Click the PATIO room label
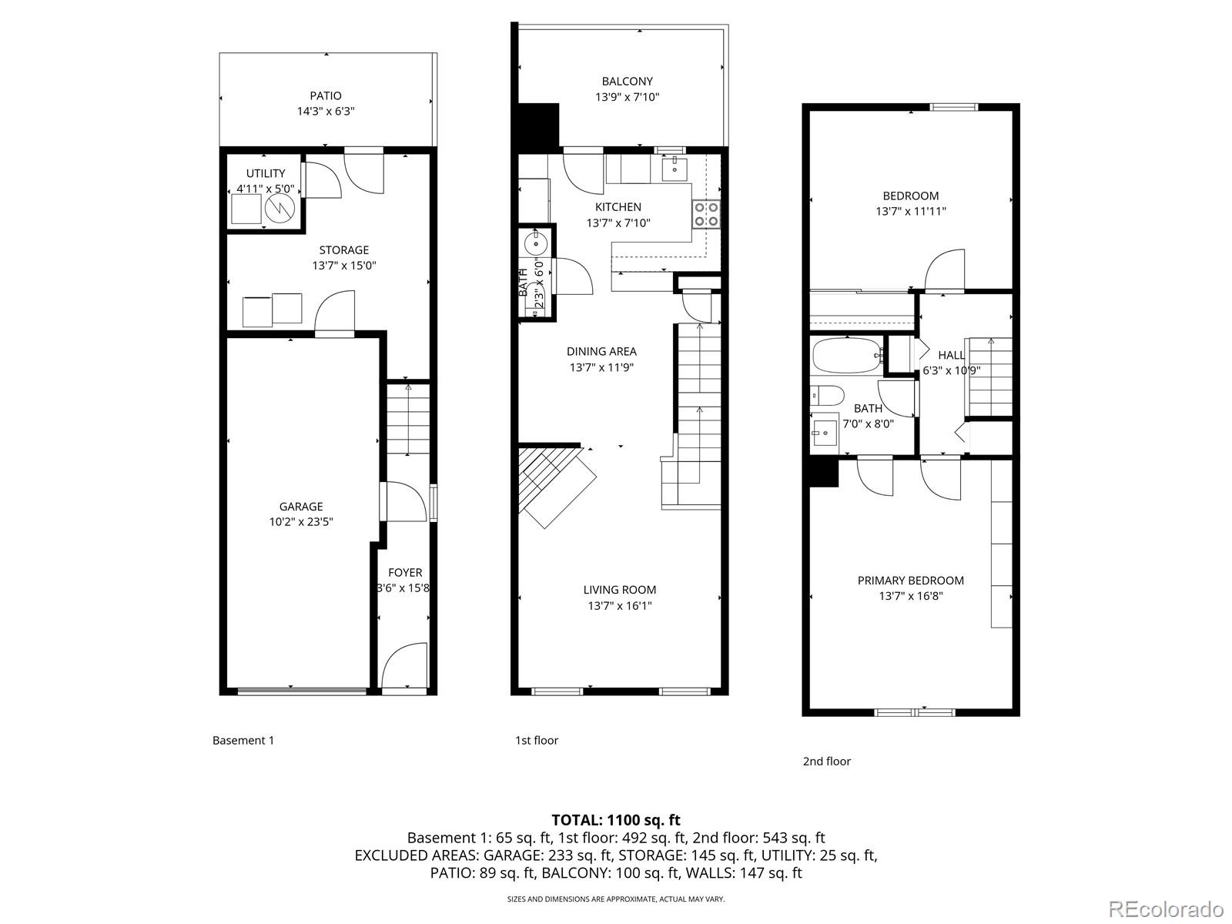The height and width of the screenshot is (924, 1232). point(326,95)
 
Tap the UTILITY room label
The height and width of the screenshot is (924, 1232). point(266,173)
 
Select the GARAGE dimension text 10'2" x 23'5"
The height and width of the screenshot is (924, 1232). point(301,521)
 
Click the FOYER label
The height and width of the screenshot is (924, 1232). point(405,572)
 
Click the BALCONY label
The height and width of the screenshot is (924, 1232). point(627,81)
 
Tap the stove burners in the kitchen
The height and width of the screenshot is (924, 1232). point(707,213)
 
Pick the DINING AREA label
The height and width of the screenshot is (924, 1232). point(601,351)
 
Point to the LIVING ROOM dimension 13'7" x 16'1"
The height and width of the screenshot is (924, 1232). point(620,606)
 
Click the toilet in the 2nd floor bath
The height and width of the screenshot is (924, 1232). point(825,396)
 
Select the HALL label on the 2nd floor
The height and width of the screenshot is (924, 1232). point(951,355)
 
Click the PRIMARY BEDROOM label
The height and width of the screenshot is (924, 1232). point(911,581)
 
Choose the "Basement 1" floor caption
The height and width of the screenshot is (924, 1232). point(243,741)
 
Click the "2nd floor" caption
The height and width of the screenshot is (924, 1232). point(826,762)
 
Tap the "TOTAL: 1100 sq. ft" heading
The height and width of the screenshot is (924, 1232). point(616,820)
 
